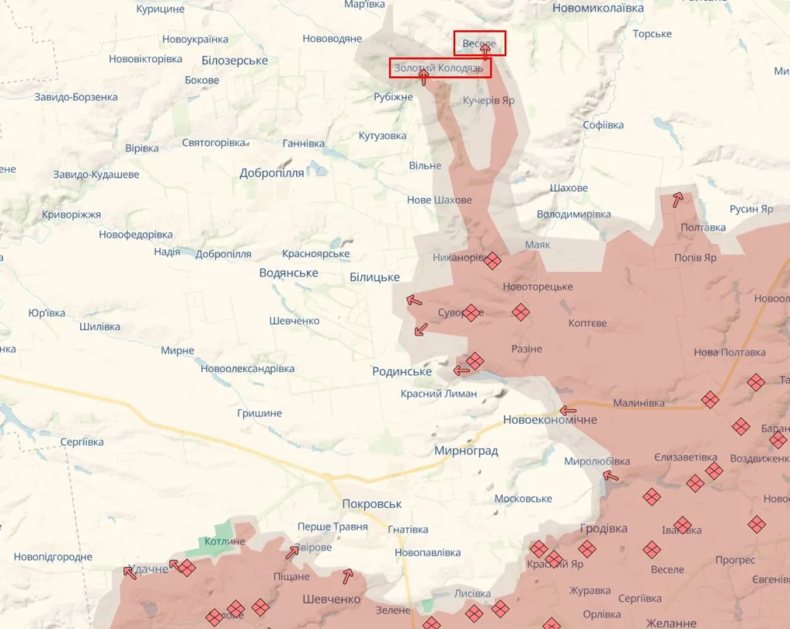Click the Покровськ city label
(x=372, y=504)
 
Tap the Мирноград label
(x=466, y=451)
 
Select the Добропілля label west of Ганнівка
(x=272, y=173)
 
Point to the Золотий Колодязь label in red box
(x=438, y=68)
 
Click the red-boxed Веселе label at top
(x=479, y=43)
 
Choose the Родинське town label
(x=402, y=371)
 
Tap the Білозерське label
(x=235, y=60)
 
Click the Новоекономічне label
(x=550, y=420)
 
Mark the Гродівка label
(x=603, y=529)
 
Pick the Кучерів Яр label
(x=488, y=100)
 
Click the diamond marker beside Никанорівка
(x=492, y=261)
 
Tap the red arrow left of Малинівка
(x=568, y=411)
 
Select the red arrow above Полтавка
(x=677, y=200)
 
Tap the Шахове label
(x=569, y=188)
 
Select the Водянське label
(x=289, y=273)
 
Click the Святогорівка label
(x=214, y=143)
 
